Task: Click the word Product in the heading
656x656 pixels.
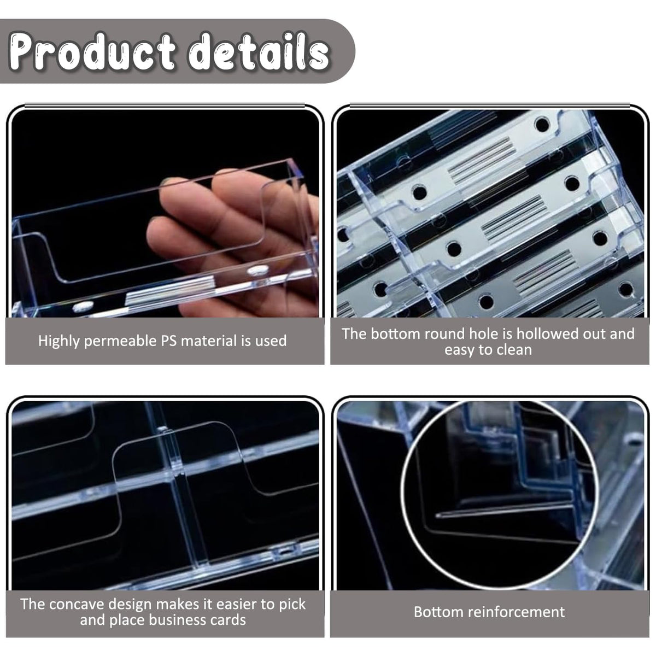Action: [92, 51]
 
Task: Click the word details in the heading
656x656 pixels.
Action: [259, 51]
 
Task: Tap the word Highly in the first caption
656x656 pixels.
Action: [59, 342]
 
